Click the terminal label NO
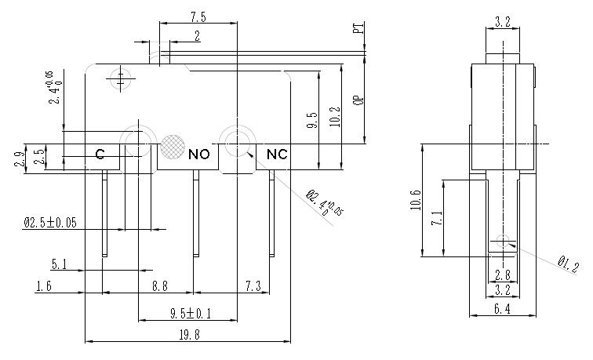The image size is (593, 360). (x=199, y=154)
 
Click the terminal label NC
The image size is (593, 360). (x=277, y=154)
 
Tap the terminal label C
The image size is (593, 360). (x=100, y=155)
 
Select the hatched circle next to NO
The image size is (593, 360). (x=172, y=146)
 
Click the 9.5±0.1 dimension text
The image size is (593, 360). (x=191, y=314)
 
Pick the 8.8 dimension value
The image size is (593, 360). (x=160, y=287)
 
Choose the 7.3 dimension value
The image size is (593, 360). (x=253, y=287)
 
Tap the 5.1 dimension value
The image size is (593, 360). (x=60, y=265)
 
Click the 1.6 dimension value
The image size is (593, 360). (x=45, y=287)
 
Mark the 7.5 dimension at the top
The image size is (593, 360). (x=198, y=16)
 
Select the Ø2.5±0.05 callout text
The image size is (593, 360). (x=50, y=224)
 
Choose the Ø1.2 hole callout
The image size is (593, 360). (x=567, y=264)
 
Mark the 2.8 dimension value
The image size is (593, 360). (x=502, y=275)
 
